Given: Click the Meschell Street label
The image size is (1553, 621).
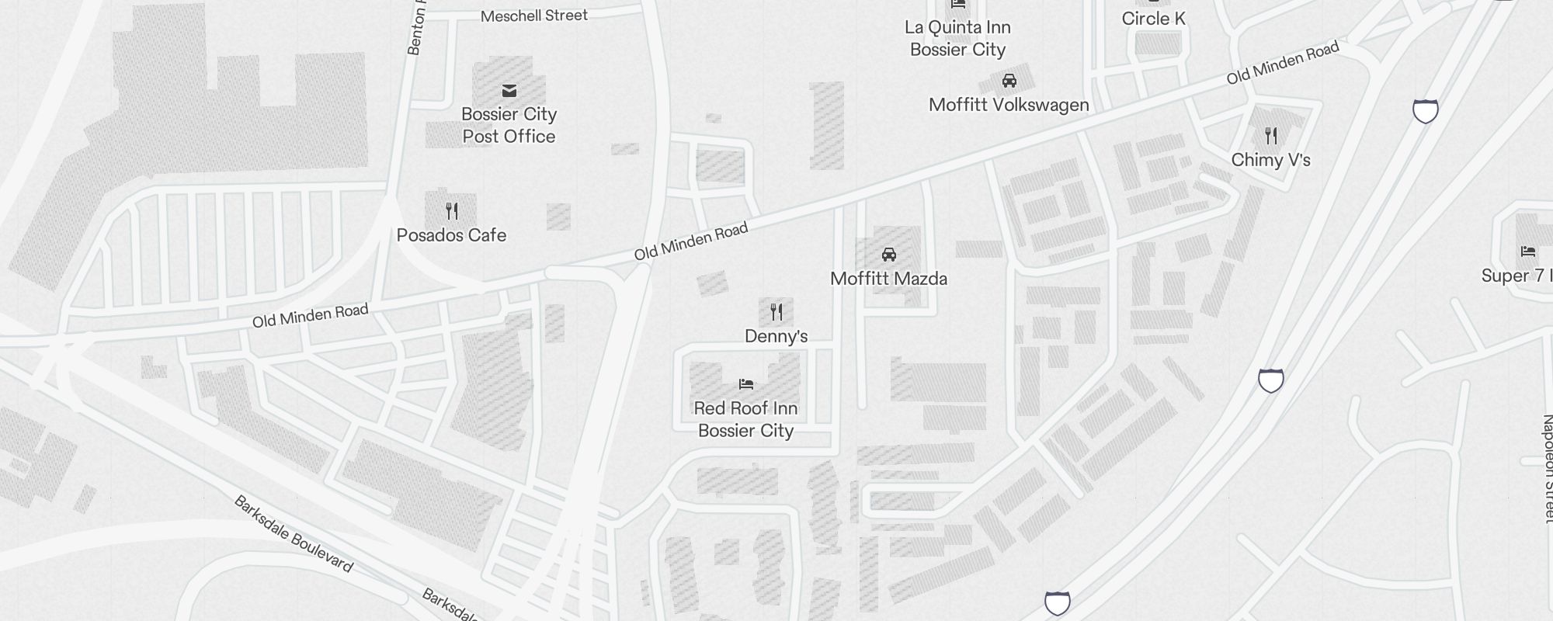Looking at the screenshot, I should click(x=534, y=16).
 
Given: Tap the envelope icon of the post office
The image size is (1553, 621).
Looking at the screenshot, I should click(x=509, y=91).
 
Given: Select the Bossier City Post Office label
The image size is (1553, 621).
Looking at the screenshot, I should click(x=509, y=125).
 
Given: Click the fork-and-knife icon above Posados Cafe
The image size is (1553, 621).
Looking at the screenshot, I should click(x=452, y=210).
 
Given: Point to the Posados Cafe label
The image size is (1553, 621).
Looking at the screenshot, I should click(x=451, y=235).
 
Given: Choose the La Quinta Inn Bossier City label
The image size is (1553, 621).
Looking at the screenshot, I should click(x=957, y=38).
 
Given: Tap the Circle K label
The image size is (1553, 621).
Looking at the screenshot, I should click(x=1153, y=19).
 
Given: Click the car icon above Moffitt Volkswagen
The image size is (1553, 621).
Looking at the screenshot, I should click(x=1009, y=81).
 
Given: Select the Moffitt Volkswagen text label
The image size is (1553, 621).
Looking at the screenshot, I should click(x=1009, y=105).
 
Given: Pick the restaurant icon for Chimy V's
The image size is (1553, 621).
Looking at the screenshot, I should click(x=1271, y=137).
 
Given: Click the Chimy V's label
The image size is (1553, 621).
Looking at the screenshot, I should click(x=1270, y=160).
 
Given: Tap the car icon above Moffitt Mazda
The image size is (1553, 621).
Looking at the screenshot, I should click(x=889, y=255).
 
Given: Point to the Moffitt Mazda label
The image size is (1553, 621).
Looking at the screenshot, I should click(x=888, y=279).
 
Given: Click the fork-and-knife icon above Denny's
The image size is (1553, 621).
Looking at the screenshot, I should click(x=776, y=312).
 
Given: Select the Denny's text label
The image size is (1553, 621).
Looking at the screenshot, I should click(x=776, y=336).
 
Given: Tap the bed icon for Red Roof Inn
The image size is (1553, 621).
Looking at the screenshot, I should click(x=746, y=383).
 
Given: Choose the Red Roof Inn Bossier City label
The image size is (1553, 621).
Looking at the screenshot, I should click(x=745, y=419).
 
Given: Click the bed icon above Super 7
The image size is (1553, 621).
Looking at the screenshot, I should click(x=1528, y=252).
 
